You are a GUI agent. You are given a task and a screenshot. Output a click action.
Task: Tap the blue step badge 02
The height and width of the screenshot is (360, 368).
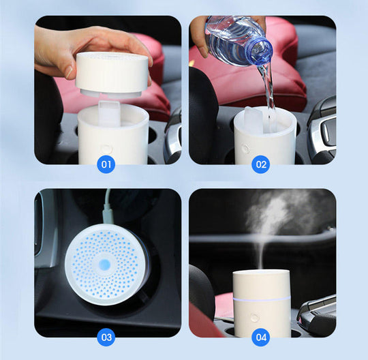point(261,164)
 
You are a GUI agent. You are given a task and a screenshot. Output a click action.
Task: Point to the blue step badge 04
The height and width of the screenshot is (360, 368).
point(261,337)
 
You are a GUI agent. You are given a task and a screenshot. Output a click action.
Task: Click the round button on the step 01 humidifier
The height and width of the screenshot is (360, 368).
point(106,148)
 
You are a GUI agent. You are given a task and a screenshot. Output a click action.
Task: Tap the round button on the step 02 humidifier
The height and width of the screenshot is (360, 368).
point(245,148)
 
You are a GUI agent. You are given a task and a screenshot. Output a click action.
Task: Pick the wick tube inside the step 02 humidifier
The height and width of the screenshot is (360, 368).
point(254,120)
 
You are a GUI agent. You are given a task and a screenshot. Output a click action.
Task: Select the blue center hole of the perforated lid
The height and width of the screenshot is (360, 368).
point(106,264)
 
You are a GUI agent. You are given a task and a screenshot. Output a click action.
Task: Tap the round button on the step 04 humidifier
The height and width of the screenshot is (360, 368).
point(254,317)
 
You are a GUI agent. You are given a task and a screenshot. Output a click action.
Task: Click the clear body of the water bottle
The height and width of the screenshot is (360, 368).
point(232,41)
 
